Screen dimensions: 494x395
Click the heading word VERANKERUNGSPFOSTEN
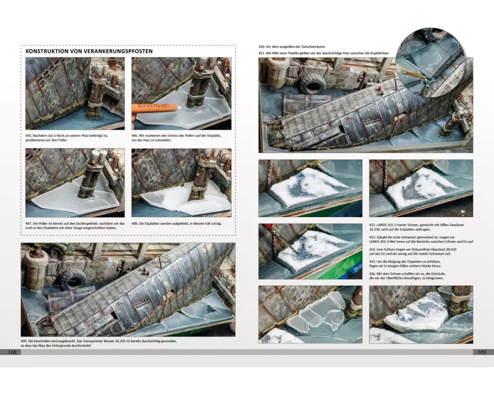click(x=118, y=51)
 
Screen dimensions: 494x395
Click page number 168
click(x=12, y=352)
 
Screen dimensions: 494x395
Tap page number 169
click(x=482, y=352)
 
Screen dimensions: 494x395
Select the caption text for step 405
click(x=67, y=138)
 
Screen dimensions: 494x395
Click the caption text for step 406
click(x=176, y=138)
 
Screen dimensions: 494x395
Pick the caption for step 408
click(x=176, y=223)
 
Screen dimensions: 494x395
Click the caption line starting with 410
click(x=291, y=46)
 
